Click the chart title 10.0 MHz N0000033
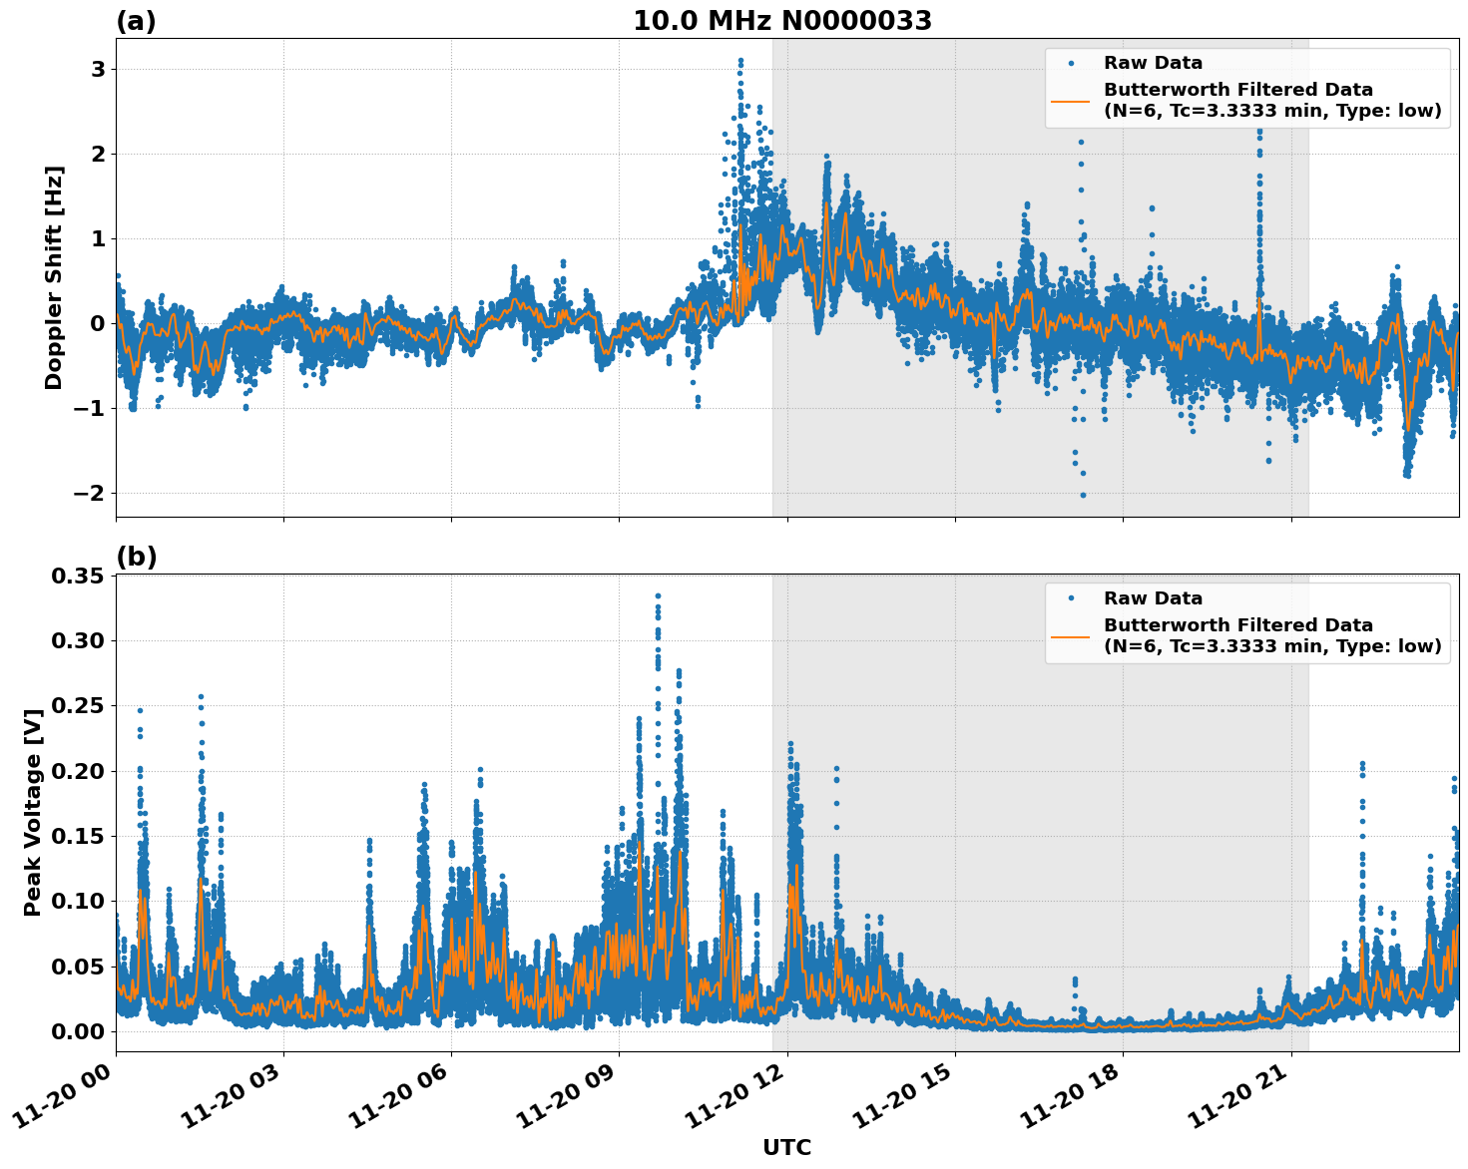tap(782, 21)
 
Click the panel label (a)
tap(136, 21)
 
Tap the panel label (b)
tap(136, 557)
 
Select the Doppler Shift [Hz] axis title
tap(54, 277)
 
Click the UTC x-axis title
tap(786, 1147)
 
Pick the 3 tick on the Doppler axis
tap(98, 69)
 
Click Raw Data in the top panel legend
tap(1153, 63)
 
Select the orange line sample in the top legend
tap(1070, 101)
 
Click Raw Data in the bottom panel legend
tap(1153, 598)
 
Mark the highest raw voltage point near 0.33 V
tap(658, 595)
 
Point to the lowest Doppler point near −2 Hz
tap(1083, 495)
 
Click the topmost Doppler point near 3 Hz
tap(740, 61)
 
